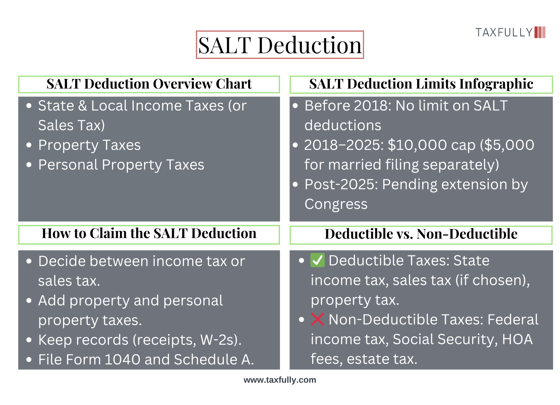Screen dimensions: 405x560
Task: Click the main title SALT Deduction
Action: point(280,45)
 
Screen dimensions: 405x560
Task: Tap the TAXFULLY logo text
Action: point(504,32)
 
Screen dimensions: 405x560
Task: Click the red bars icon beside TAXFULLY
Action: point(540,32)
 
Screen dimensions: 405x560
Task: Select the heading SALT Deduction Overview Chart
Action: point(149,84)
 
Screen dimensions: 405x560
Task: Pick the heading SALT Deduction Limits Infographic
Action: point(421,84)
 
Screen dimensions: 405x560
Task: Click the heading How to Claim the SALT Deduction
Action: point(149,233)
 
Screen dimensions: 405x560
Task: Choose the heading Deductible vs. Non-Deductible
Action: point(421,234)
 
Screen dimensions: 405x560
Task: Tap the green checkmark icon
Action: point(317,260)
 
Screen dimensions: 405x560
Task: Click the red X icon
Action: point(317,319)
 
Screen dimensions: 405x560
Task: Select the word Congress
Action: point(336,204)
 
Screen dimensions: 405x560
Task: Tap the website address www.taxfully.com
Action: point(280,380)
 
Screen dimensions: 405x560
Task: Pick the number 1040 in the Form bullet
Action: point(122,360)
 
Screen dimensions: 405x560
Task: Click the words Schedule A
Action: point(214,360)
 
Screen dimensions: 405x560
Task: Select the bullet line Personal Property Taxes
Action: point(121,165)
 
